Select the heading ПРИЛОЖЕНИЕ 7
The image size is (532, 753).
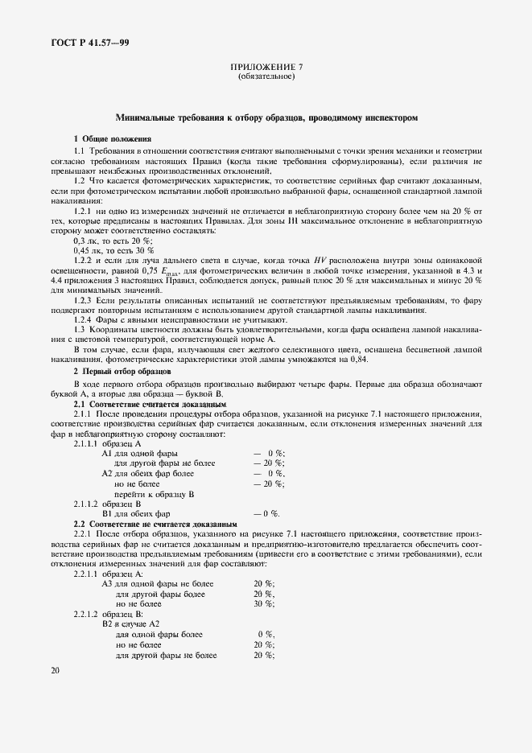[266, 68]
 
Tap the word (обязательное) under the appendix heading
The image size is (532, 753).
[266, 77]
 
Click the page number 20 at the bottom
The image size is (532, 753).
[56, 670]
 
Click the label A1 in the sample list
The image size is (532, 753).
[108, 454]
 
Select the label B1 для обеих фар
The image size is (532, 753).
[136, 513]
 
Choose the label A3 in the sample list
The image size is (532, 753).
[108, 583]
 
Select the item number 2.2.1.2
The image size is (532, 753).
[88, 613]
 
